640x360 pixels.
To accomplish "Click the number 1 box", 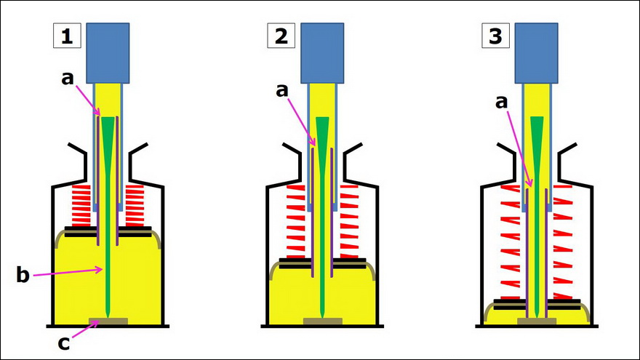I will pyautogui.click(x=66, y=36).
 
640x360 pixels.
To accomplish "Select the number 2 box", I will pyautogui.click(x=281, y=36).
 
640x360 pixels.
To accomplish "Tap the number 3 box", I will pyautogui.click(x=495, y=36).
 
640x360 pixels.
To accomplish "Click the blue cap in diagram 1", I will pyautogui.click(x=108, y=52).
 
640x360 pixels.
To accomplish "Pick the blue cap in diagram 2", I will pyautogui.click(x=322, y=52).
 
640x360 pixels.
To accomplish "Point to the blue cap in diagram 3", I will pyautogui.click(x=537, y=52).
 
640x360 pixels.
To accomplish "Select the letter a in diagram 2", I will pyautogui.click(x=281, y=89).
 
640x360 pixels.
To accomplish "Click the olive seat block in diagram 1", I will pyautogui.click(x=108, y=321).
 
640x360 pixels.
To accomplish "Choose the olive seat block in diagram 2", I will pyautogui.click(x=322, y=321).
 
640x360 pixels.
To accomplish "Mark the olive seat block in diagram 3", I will pyautogui.click(x=537, y=321).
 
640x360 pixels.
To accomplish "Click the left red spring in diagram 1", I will pyautogui.click(x=80, y=206).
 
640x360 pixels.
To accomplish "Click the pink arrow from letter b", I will pyautogui.click(x=68, y=273).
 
